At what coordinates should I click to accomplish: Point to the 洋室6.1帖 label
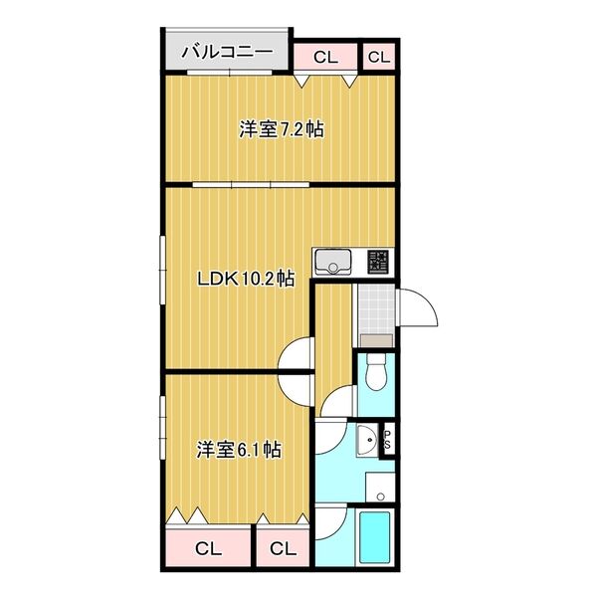238,450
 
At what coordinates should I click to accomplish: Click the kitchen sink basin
331,264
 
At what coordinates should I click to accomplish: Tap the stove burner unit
379,263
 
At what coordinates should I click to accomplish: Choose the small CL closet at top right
379,57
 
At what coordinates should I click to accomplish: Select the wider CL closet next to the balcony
325,57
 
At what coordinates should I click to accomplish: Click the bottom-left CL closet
207,548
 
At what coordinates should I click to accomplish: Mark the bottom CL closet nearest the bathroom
283,548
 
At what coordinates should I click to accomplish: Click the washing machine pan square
379,488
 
